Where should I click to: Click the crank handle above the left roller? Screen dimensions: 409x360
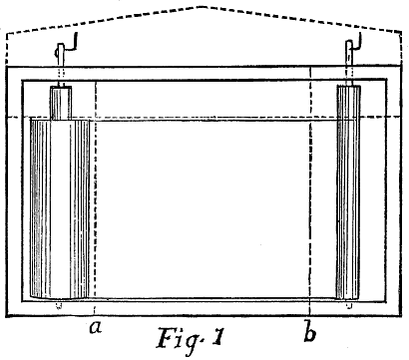click(63, 49)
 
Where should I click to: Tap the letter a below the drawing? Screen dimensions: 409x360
click(96, 327)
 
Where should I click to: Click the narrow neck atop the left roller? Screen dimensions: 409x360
click(60, 102)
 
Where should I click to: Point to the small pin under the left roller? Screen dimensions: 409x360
click(59, 304)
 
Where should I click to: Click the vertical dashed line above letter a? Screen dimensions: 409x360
click(93, 199)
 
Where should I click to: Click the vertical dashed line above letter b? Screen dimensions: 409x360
click(312, 199)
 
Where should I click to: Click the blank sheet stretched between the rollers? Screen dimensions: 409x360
click(204, 209)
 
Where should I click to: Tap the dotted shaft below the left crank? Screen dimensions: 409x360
click(60, 74)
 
